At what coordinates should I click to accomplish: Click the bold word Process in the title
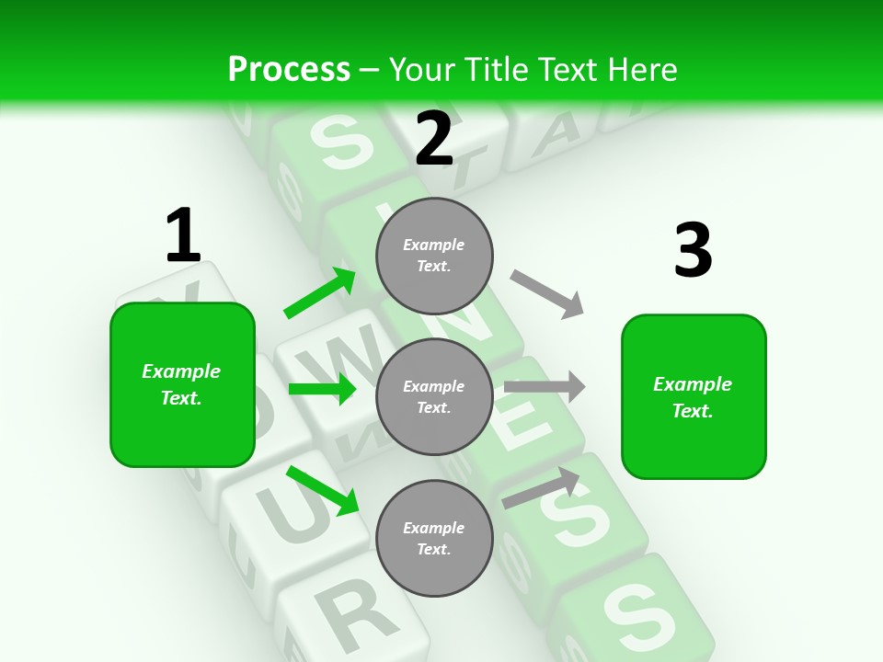(x=289, y=69)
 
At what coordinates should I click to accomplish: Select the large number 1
(x=182, y=236)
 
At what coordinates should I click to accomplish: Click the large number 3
(x=693, y=251)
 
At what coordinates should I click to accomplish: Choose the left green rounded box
(x=182, y=384)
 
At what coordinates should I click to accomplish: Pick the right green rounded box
(x=694, y=396)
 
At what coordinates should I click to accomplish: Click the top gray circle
(x=434, y=256)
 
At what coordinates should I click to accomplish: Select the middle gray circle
(x=434, y=396)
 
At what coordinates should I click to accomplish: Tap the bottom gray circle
(x=434, y=538)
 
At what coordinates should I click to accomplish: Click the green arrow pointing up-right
(x=320, y=293)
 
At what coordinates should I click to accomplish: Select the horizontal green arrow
(x=322, y=389)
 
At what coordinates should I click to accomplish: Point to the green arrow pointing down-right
(x=322, y=490)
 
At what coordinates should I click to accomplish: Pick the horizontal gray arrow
(x=544, y=387)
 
